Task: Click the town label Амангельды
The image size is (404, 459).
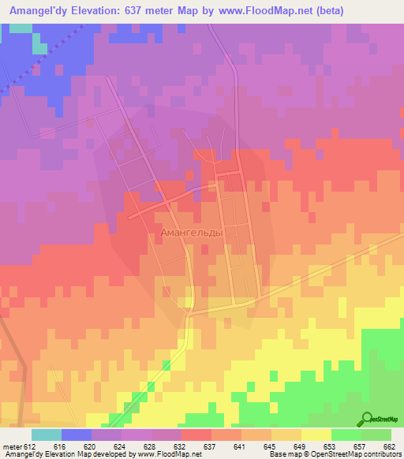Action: click(x=192, y=233)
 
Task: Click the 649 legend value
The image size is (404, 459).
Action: click(x=300, y=446)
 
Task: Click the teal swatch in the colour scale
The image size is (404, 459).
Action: click(x=47, y=435)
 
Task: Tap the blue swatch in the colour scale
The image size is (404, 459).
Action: click(x=77, y=435)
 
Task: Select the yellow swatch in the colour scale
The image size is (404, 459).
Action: click(x=316, y=435)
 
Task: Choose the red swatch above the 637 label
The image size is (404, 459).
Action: click(x=196, y=435)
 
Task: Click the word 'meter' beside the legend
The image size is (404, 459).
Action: click(x=10, y=446)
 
